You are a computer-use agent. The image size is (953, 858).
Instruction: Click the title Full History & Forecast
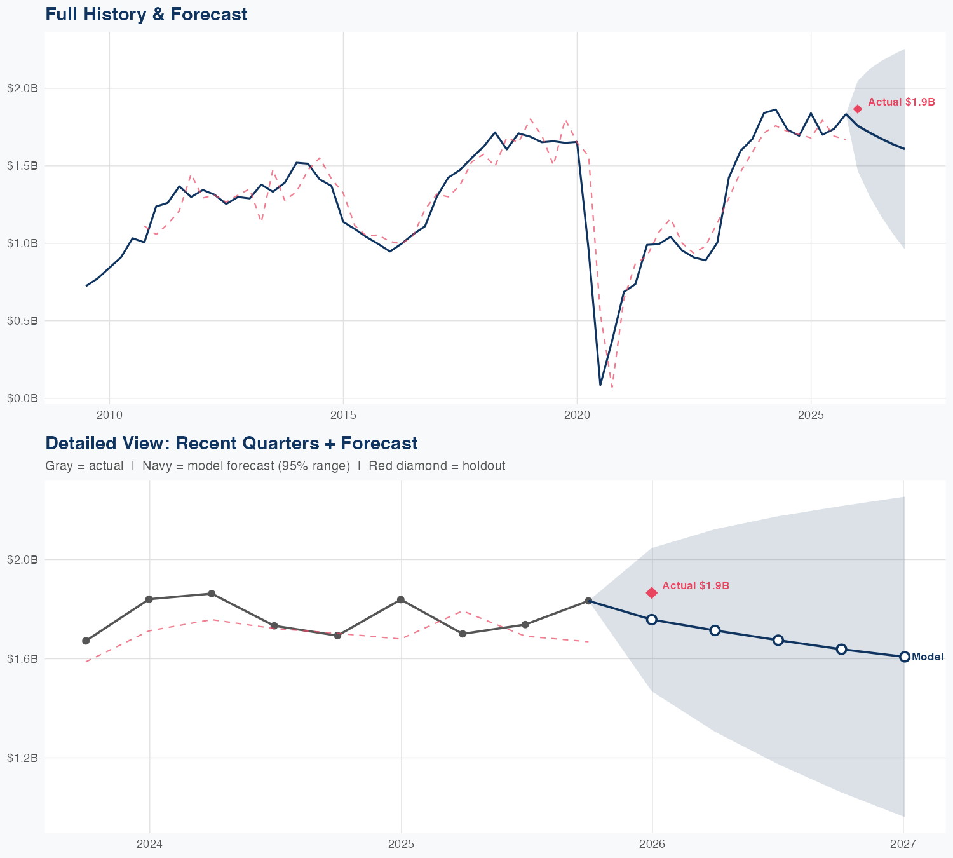[x=146, y=14]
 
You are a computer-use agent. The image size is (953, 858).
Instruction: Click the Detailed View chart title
[x=231, y=443]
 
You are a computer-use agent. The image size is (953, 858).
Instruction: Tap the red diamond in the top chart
[x=858, y=109]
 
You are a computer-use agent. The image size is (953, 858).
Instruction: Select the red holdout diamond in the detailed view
[x=651, y=592]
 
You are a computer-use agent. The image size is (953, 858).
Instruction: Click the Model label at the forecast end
[x=927, y=657]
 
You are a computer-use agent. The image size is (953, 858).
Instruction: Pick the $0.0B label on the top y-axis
[x=23, y=398]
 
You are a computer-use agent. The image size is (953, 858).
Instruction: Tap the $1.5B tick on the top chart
[x=23, y=166]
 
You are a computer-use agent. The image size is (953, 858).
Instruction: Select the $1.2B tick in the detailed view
[x=23, y=758]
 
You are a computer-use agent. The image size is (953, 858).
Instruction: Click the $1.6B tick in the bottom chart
[x=23, y=659]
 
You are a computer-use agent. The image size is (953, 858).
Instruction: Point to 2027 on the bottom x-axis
[x=903, y=845]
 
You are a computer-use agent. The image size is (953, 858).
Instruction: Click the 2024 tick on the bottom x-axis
[x=150, y=845]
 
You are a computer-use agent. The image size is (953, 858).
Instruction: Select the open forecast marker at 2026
[x=651, y=620]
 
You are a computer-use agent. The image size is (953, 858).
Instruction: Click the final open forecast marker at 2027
[x=905, y=657]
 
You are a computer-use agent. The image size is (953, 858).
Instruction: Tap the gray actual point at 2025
[x=400, y=600]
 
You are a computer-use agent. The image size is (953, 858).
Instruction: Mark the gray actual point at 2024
[x=149, y=599]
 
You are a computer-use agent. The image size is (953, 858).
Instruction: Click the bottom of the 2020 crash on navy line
[x=600, y=385]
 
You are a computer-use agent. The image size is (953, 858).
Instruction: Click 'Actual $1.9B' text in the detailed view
[x=696, y=585]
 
